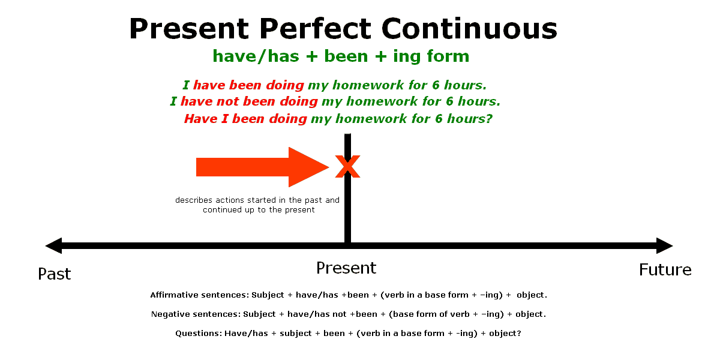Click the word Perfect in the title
315,29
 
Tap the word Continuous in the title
469,29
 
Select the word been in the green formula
346,56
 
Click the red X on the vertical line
347,167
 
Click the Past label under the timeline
55,274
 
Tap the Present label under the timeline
346,268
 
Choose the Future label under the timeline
665,269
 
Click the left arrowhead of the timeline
53,246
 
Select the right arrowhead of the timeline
665,246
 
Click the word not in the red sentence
228,101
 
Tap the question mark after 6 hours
488,119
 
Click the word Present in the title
189,29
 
